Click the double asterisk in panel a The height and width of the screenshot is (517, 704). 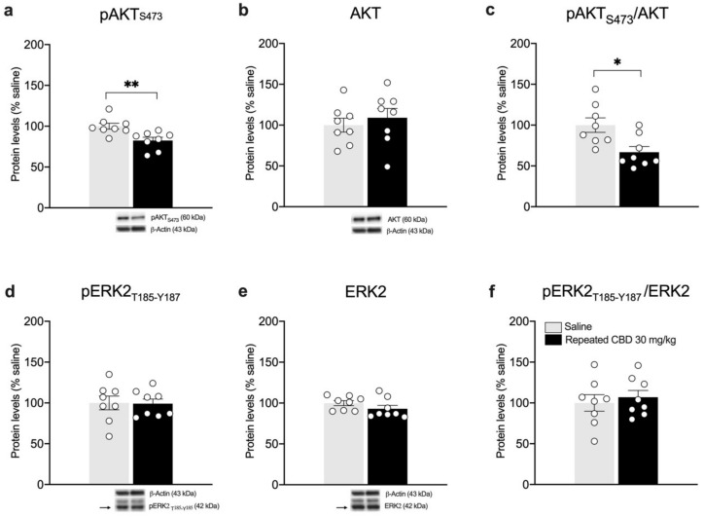coord(131,85)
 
